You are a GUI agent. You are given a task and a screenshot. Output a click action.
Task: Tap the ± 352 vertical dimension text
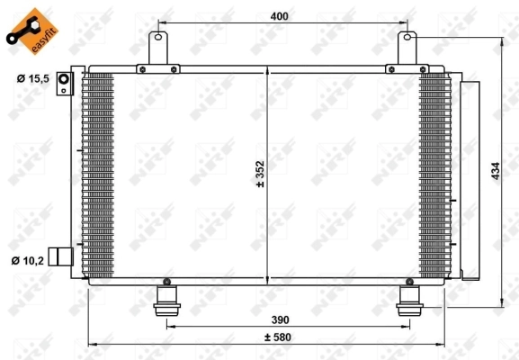coord(259,171)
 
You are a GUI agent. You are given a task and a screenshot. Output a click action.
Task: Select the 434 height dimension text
coord(493,171)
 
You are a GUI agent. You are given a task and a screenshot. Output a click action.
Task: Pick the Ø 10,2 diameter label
coord(29,262)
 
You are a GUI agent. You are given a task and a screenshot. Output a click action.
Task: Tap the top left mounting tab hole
coord(160,38)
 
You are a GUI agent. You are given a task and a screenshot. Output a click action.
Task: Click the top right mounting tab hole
coord(407,38)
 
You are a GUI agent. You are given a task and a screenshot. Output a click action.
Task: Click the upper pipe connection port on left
coord(64,84)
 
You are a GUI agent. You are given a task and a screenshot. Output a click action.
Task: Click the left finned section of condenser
coord(99,175)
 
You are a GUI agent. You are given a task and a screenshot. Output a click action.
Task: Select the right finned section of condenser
coord(434,175)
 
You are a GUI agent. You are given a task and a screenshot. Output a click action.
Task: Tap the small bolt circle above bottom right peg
coord(409,282)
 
